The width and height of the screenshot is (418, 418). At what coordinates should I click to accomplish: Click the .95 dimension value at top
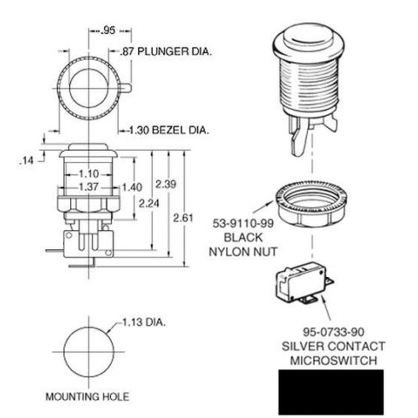point(108,31)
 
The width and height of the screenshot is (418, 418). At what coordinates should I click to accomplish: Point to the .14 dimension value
point(26,160)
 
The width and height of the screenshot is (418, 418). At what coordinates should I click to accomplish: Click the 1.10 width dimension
point(88,173)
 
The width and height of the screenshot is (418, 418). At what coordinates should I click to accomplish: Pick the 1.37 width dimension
point(88,187)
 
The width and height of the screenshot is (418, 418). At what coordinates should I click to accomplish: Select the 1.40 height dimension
point(131,187)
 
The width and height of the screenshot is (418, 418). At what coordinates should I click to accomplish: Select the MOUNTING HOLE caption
point(87,396)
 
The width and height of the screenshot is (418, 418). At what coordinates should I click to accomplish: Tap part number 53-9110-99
point(243,224)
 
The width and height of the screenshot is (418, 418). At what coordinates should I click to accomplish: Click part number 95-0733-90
point(333,332)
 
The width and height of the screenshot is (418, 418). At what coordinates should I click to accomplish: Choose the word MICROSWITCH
point(333,360)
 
